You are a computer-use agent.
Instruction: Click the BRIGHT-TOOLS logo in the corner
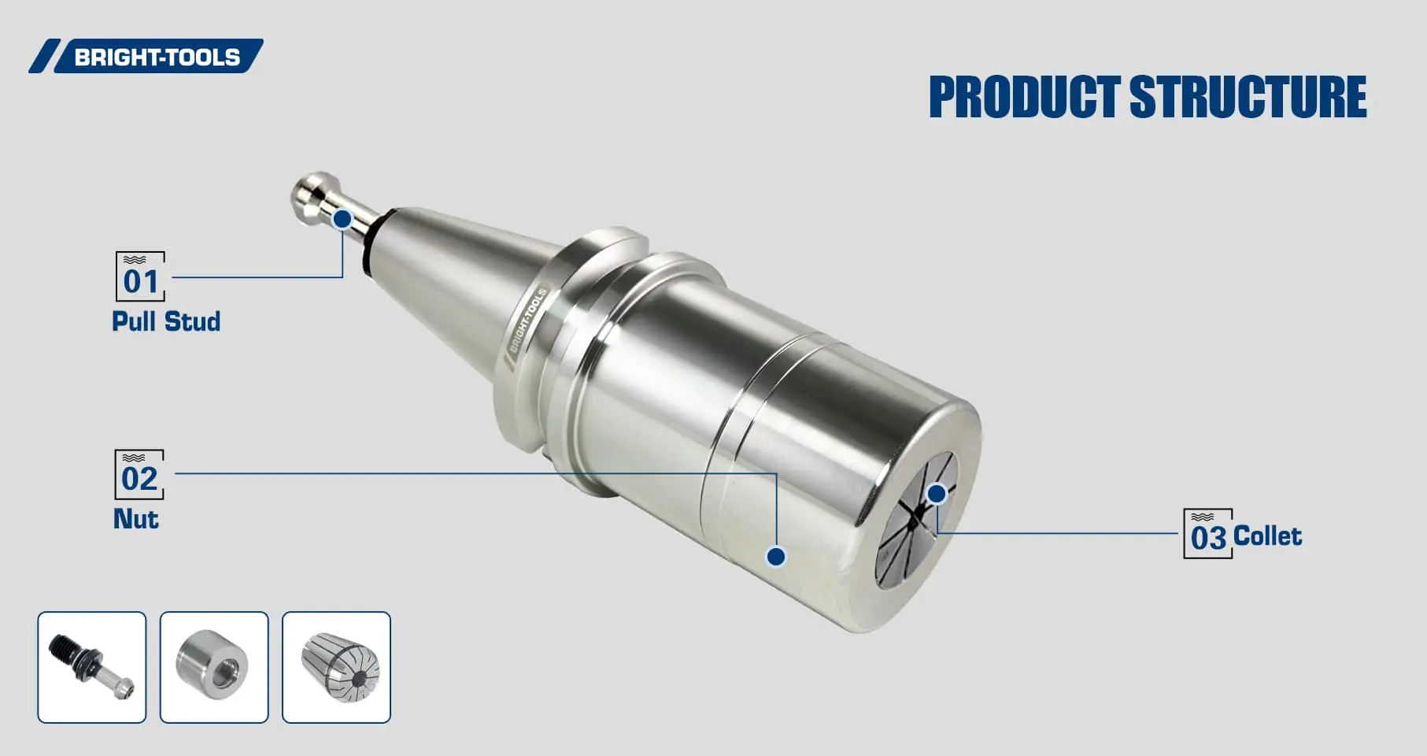[146, 57]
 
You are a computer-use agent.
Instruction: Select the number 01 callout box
[140, 277]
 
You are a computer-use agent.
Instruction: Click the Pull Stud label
[165, 321]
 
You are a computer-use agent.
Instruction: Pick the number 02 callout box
[139, 475]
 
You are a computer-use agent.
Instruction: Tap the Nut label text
[135, 519]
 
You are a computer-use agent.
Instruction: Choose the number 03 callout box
[1207, 535]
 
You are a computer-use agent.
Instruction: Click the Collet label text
[1267, 536]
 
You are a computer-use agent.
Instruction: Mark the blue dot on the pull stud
[342, 219]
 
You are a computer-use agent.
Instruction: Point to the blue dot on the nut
[776, 557]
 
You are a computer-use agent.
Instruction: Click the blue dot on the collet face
[936, 494]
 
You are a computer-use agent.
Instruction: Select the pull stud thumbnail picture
[92, 667]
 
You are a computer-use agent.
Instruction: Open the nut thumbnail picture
[214, 667]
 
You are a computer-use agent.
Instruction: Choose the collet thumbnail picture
[336, 667]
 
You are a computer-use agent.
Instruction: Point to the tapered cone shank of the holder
[457, 268]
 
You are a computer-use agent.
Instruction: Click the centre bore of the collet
[912, 520]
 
